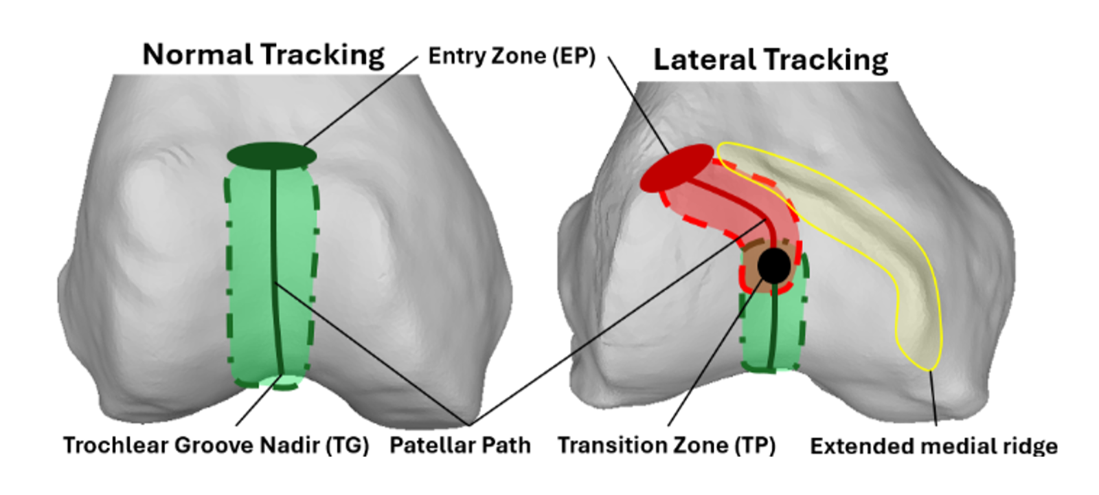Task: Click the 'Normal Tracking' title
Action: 263,55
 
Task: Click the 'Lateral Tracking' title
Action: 770,60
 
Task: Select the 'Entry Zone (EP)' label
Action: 511,56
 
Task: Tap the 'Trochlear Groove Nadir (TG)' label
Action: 216,445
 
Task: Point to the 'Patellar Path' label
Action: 460,445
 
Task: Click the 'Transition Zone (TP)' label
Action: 666,445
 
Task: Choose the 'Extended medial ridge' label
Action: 933,446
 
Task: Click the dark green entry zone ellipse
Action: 271,155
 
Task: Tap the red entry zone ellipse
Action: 676,168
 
